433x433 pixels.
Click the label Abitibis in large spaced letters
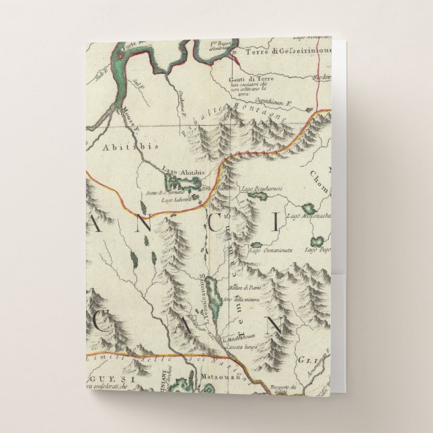pos(121,145)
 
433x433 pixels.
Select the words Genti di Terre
pos(245,75)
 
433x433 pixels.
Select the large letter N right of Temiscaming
pos(274,327)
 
